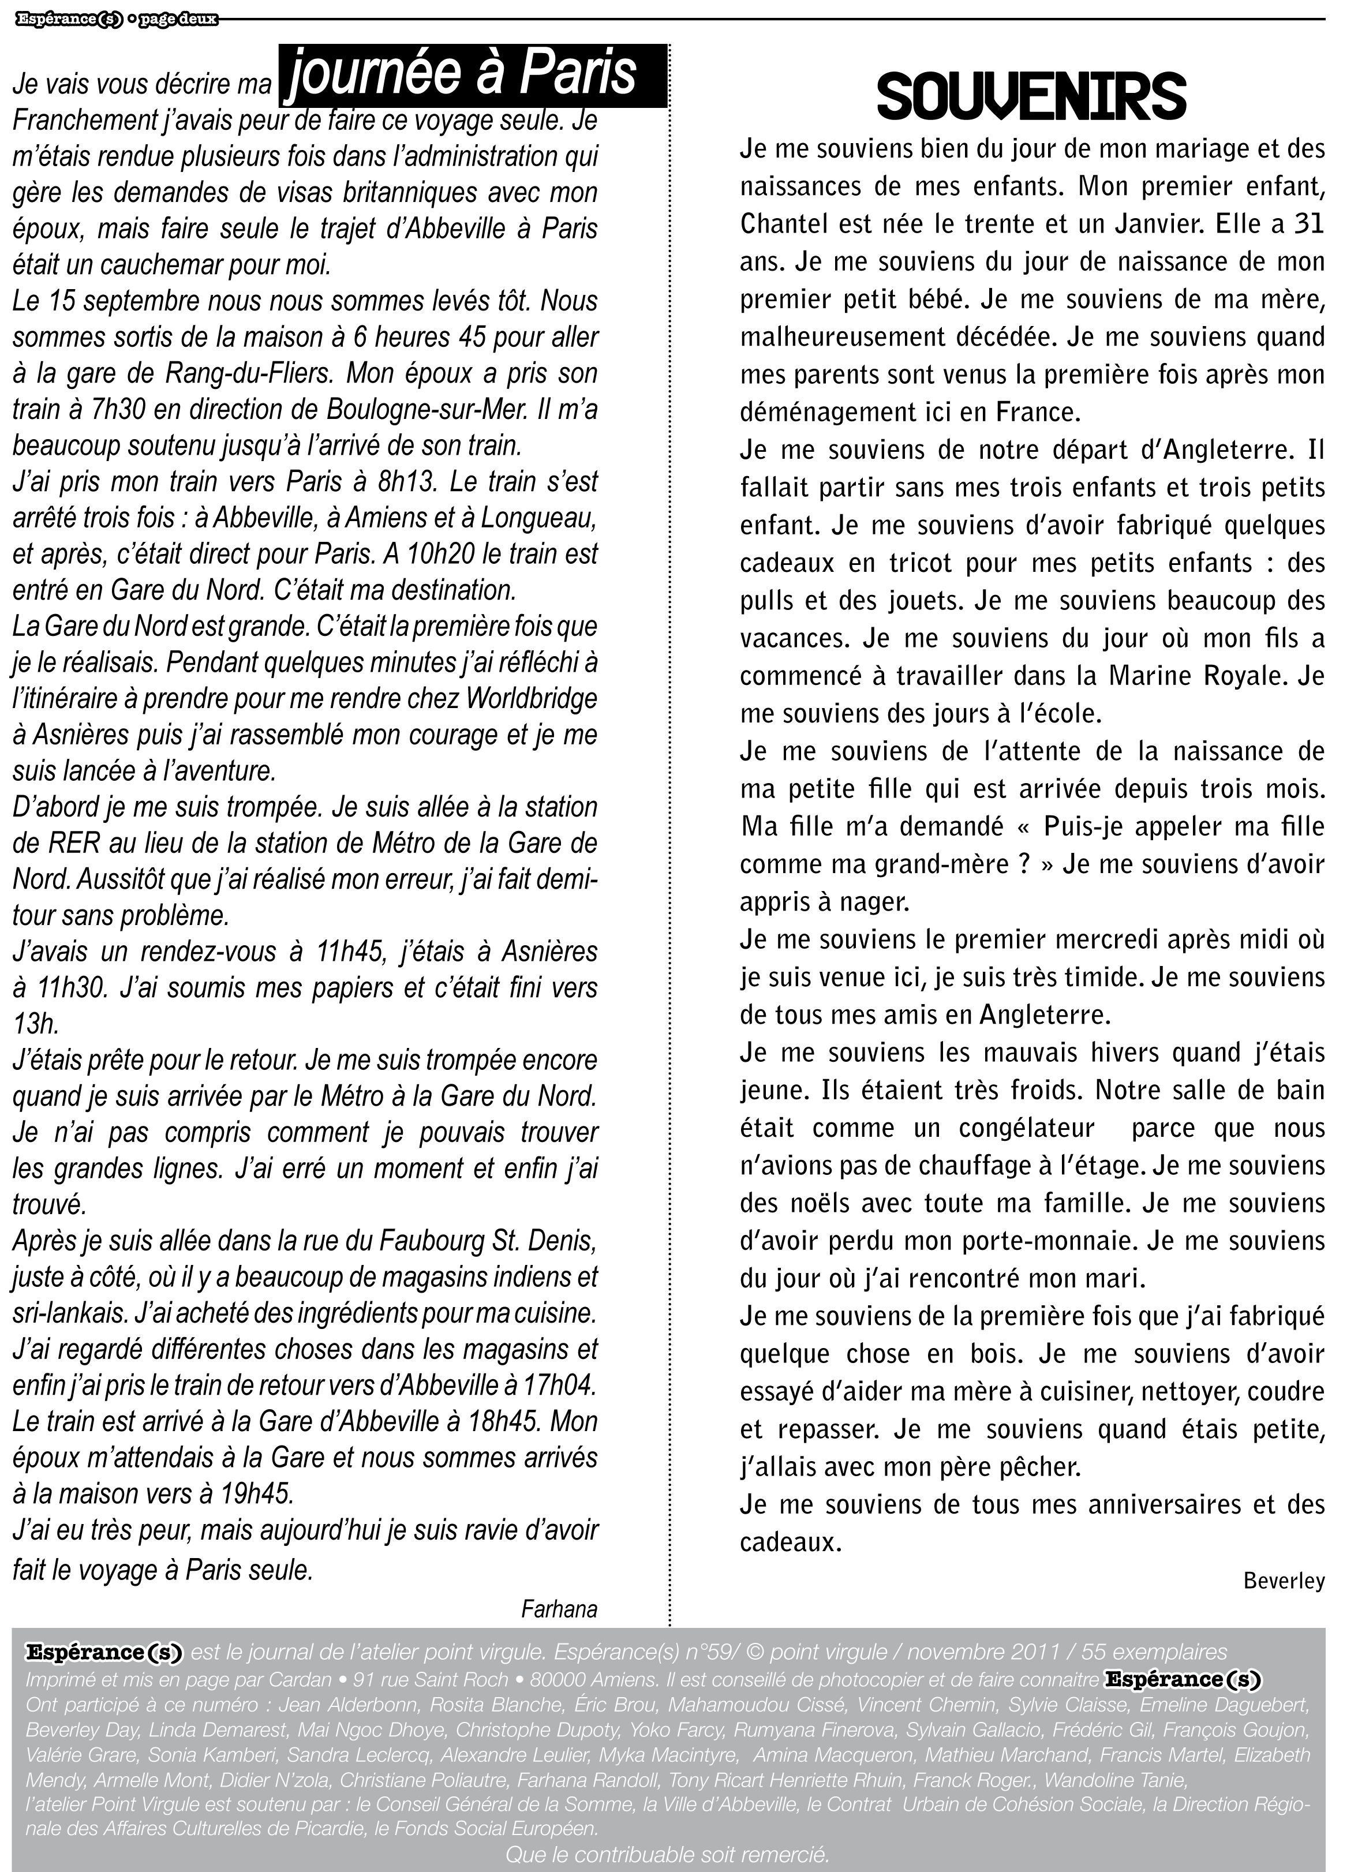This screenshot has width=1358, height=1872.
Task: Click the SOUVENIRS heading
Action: (x=1031, y=98)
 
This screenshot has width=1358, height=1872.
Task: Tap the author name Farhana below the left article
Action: (x=559, y=1608)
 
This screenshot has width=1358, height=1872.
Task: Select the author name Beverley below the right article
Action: (x=1284, y=1580)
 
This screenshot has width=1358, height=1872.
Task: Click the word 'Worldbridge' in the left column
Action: (x=531, y=698)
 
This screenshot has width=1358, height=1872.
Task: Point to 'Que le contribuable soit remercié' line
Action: (x=667, y=1855)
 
